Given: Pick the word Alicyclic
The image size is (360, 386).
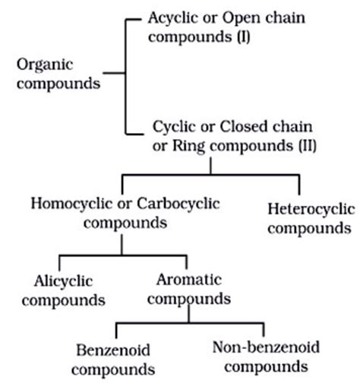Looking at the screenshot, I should point(64,280).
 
